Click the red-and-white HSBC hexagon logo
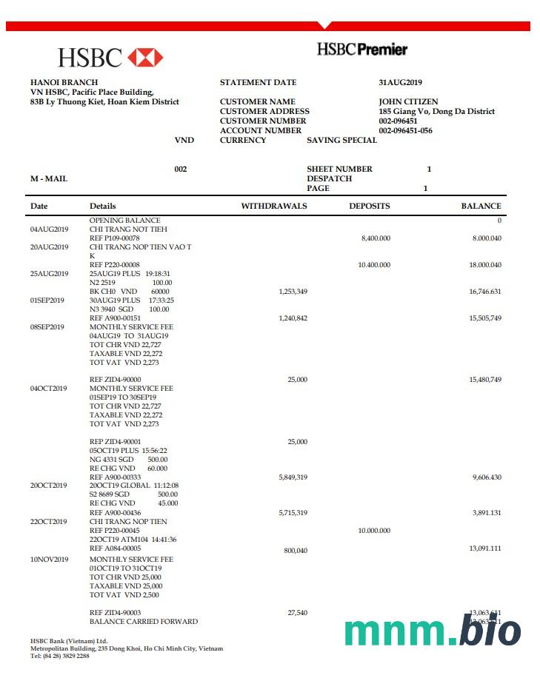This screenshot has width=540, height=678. pyautogui.click(x=145, y=57)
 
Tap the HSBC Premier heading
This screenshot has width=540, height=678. pyautogui.click(x=362, y=50)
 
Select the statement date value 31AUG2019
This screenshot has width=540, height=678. pyautogui.click(x=400, y=83)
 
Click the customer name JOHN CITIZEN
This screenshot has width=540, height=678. pyautogui.click(x=408, y=102)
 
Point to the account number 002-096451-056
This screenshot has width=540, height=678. pyautogui.click(x=405, y=131)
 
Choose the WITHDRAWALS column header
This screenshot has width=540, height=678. pyautogui.click(x=274, y=207)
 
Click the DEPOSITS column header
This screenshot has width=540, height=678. pyautogui.click(x=370, y=207)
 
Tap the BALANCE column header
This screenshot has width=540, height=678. pyautogui.click(x=481, y=207)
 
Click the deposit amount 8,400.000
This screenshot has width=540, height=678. pyautogui.click(x=376, y=238)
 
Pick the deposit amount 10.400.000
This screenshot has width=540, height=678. pyautogui.click(x=374, y=265)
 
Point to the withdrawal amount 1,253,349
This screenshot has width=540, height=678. pyautogui.click(x=293, y=292)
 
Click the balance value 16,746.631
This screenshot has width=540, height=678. pyautogui.click(x=485, y=292)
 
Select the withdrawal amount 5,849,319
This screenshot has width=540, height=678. pyautogui.click(x=293, y=477)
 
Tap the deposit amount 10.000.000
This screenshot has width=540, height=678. pyautogui.click(x=374, y=531)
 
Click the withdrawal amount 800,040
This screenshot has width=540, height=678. pyautogui.click(x=296, y=551)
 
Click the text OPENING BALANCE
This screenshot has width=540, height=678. pyautogui.click(x=124, y=221)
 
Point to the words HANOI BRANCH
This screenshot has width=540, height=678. pyautogui.click(x=64, y=83)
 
